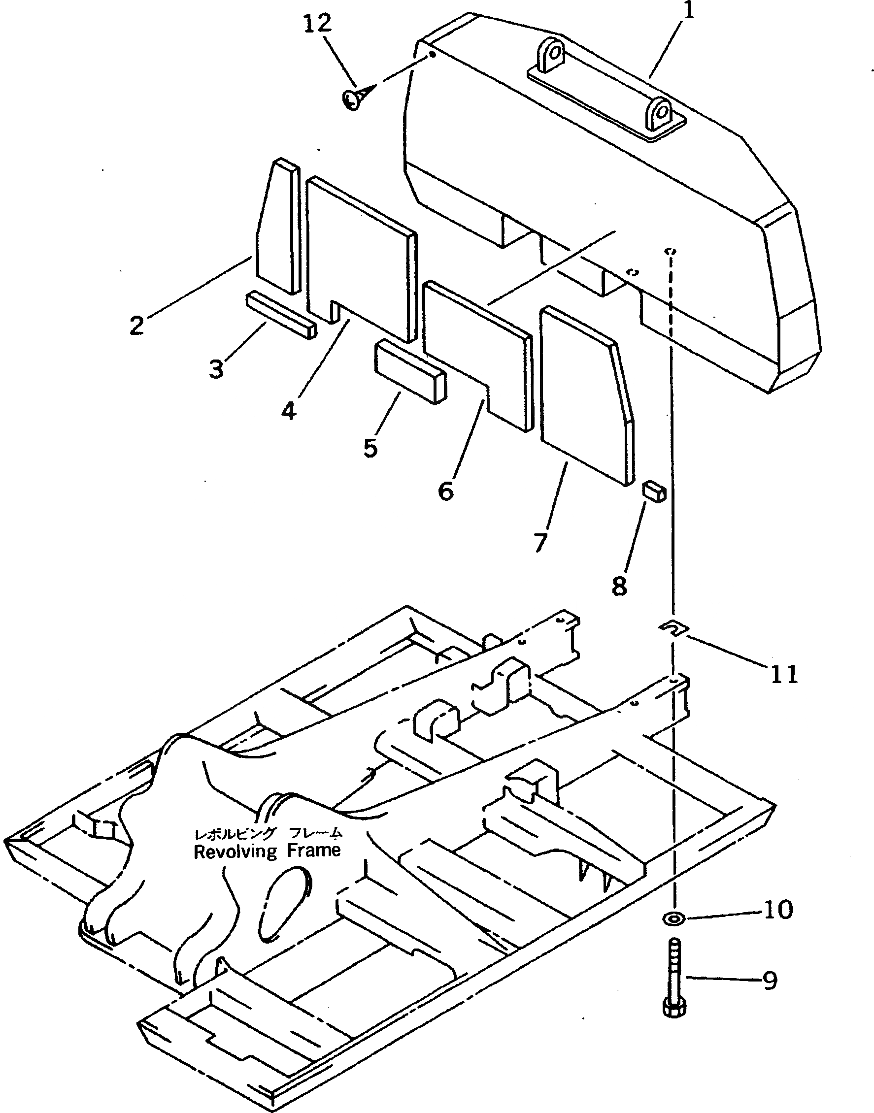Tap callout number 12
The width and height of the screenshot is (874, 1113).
coord(317,24)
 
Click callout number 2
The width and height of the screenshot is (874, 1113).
coord(136,326)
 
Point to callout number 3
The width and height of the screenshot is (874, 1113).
coord(216,368)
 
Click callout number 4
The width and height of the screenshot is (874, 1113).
coord(289,411)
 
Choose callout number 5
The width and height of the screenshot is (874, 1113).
coord(370,448)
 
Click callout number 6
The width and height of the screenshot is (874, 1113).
coord(446,491)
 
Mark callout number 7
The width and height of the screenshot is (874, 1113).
coord(540,542)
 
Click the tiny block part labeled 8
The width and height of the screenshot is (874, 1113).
coord(653,491)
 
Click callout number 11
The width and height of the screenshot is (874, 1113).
coord(784,674)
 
